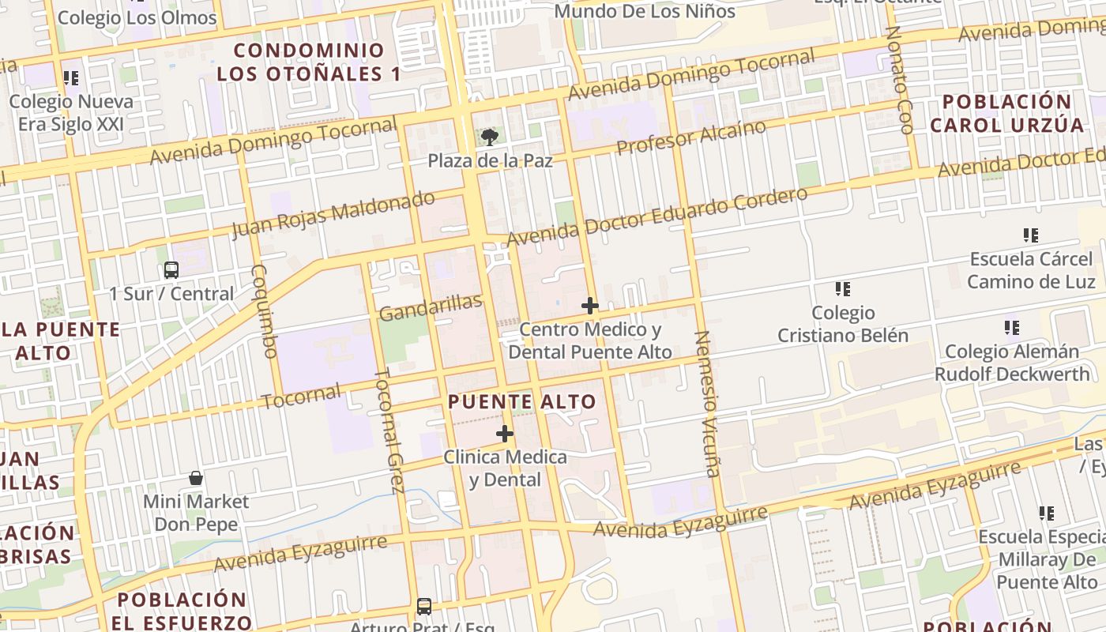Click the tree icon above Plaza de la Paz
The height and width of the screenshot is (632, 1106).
[489, 137]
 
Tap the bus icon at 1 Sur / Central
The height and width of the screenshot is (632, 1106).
[171, 270]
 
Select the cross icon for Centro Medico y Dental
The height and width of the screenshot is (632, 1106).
[589, 306]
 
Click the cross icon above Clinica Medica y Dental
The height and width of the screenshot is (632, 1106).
[505, 434]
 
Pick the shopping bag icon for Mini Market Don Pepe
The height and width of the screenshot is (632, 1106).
[196, 478]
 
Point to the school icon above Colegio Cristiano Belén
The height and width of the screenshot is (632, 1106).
[843, 289]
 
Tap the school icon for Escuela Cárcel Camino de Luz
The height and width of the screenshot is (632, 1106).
[1031, 235]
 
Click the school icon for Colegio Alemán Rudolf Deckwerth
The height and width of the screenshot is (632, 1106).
[1012, 327]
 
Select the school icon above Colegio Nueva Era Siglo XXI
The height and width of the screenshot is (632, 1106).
[71, 78]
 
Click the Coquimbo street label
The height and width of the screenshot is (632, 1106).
[263, 310]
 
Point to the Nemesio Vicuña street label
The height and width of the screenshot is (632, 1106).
[707, 404]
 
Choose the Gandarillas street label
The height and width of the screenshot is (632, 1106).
[431, 308]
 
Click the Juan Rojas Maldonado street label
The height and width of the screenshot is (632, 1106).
[333, 214]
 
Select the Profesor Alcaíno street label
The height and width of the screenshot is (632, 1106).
[691, 137]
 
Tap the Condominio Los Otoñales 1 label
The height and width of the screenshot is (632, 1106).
[309, 62]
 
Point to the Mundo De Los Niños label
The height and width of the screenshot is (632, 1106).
[645, 11]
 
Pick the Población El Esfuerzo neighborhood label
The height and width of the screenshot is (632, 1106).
[181, 610]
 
